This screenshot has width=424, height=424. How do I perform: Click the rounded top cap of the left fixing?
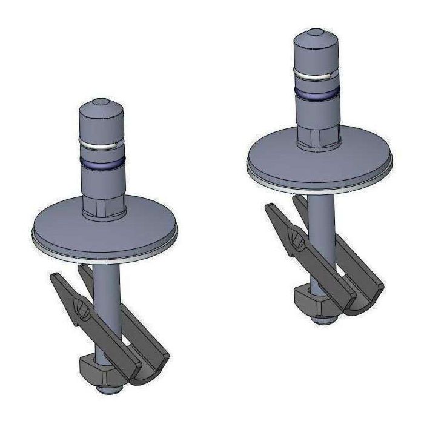[x=102, y=115]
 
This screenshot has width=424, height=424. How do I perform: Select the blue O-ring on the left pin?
[x=102, y=162]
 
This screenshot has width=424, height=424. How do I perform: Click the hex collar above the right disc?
[x=317, y=136]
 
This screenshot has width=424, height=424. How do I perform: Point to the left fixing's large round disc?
[x=67, y=230]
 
